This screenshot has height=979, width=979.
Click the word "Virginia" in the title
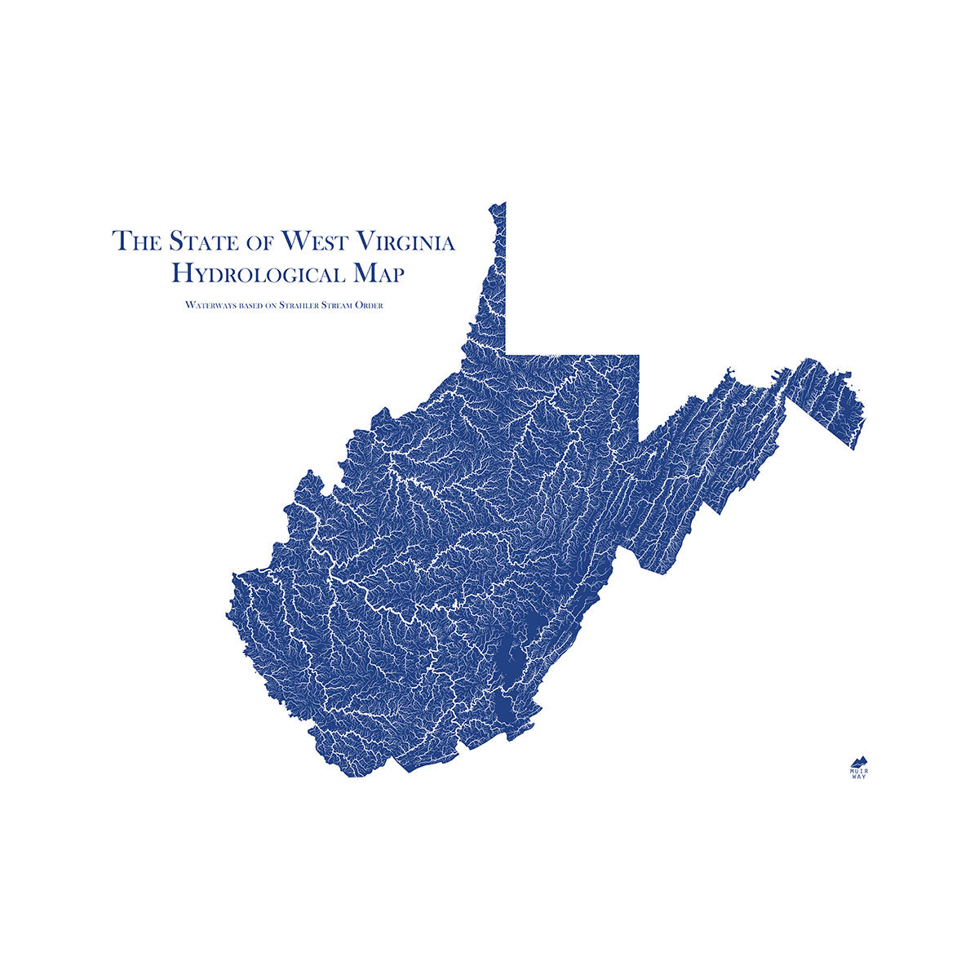point(409,241)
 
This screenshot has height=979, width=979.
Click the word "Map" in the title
point(378,273)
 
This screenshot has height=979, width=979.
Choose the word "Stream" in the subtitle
point(345,305)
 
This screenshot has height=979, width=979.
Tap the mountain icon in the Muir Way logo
point(858,759)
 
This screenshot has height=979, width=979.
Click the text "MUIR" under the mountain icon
point(858,769)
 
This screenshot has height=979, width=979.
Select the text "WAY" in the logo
point(858,777)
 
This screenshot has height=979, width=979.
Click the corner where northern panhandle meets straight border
point(506,353)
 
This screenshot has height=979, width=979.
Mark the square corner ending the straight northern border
point(638,355)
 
